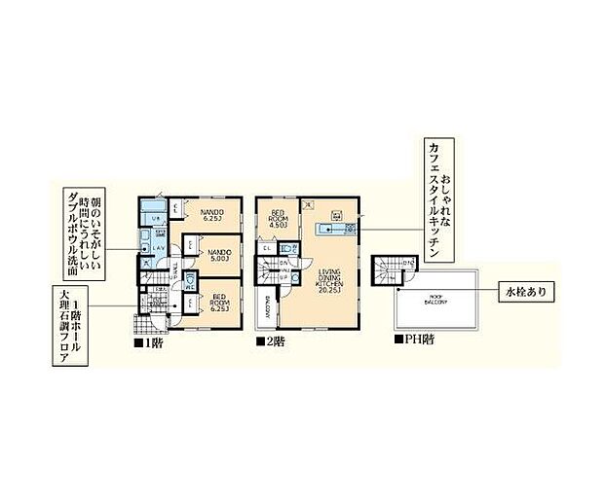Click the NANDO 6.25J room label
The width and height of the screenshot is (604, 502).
coord(212,214)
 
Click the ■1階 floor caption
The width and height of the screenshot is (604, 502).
coord(149,343)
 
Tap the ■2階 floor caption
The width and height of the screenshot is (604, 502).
coord(271,343)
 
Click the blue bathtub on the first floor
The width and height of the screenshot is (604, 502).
coord(151,210)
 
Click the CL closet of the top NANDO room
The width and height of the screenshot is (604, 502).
coord(175,207)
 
